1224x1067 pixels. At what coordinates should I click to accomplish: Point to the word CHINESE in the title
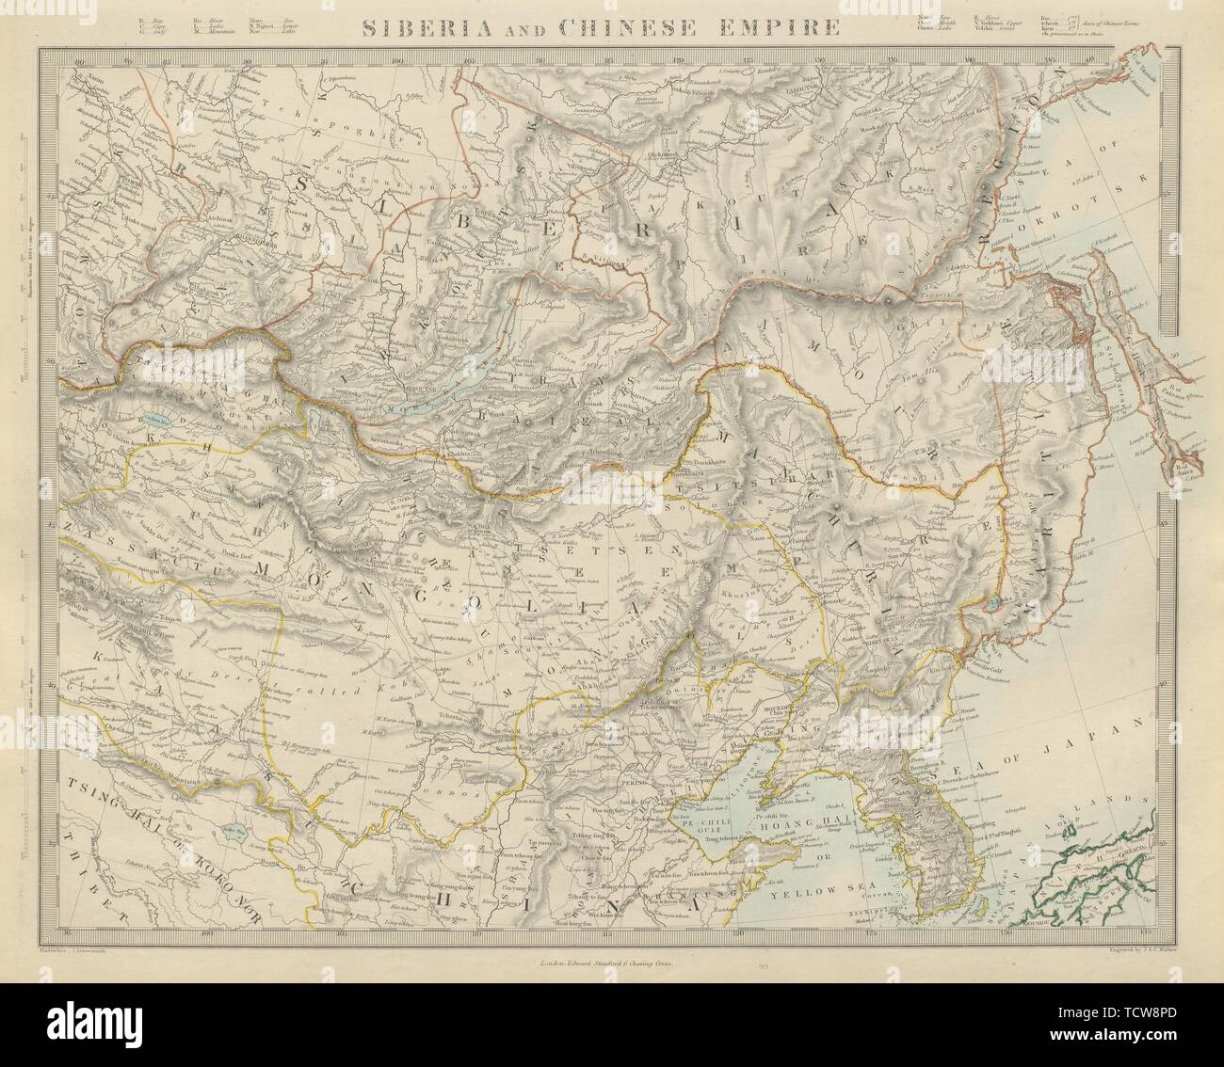pyautogui.click(x=639, y=26)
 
